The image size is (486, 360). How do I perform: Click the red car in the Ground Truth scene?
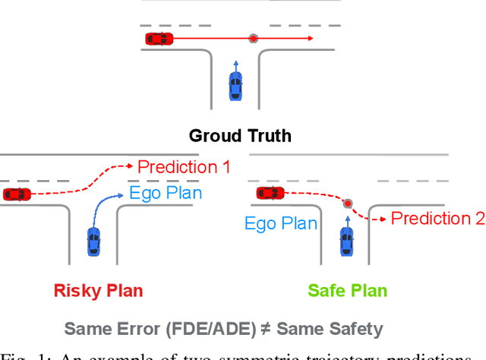[x=159, y=38]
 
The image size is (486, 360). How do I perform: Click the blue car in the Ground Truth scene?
[x=235, y=86]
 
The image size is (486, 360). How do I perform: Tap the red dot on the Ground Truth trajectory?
[x=253, y=38]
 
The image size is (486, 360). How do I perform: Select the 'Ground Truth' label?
[x=240, y=137]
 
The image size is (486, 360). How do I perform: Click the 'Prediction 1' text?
[x=183, y=167]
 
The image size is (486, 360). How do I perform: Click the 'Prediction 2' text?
[x=437, y=219]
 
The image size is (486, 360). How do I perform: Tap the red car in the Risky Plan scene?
[x=16, y=194]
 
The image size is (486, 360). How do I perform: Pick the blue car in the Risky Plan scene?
[x=93, y=241]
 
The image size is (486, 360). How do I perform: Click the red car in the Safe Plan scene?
[x=270, y=193]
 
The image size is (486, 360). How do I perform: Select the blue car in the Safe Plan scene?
[x=346, y=241]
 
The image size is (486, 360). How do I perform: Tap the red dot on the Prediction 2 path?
[x=348, y=204]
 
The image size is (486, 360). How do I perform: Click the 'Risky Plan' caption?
[x=98, y=290]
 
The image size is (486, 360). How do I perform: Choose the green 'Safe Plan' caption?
[x=347, y=290]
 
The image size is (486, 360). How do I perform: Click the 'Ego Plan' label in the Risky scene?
[x=166, y=193]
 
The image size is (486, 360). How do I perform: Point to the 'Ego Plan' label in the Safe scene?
[x=280, y=223]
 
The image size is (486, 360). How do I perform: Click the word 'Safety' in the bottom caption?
[x=356, y=329]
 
